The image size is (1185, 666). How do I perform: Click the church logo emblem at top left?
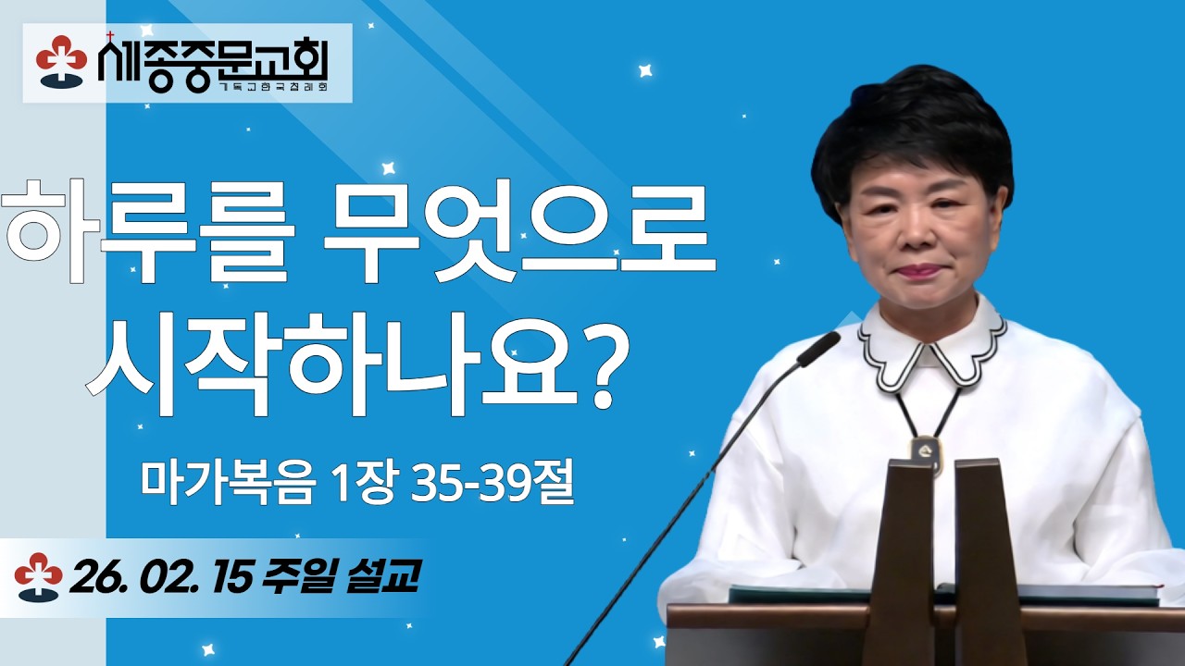pyautogui.click(x=61, y=60)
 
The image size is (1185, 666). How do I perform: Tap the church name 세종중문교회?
pyautogui.click(x=212, y=60)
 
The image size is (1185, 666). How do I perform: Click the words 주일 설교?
pyautogui.click(x=343, y=578)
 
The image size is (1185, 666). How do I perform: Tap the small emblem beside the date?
pyautogui.click(x=38, y=576)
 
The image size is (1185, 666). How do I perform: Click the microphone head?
pyautogui.click(x=819, y=348)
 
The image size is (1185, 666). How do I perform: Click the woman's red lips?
pyautogui.click(x=916, y=271)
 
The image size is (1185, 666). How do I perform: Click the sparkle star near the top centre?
pyautogui.click(x=645, y=70)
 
